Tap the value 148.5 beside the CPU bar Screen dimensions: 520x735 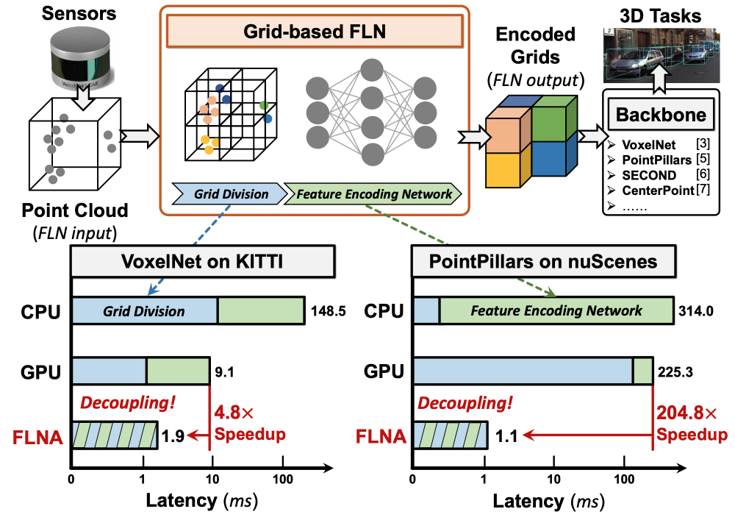(327, 311)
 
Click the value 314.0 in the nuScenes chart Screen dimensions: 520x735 (695, 311)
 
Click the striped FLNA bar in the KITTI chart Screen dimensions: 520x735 (115, 435)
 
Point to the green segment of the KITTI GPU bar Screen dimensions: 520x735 (178, 371)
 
